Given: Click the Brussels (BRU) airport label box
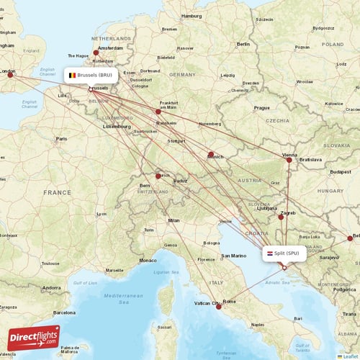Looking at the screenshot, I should click(x=91, y=75).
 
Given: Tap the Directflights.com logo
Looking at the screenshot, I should click(x=34, y=338).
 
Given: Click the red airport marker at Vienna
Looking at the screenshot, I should click(x=289, y=160).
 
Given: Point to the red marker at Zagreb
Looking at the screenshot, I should click(x=281, y=217).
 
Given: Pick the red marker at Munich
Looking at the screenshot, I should click(x=211, y=154).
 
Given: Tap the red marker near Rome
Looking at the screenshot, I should click(x=220, y=307).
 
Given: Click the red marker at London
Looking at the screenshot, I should click(x=10, y=73).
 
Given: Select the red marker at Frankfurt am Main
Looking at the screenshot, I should click(x=158, y=112).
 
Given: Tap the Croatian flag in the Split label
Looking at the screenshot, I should click(x=270, y=253).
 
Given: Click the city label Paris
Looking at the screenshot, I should click(x=62, y=139).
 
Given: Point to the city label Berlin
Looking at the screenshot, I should click(x=243, y=45).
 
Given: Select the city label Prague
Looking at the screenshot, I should click(x=261, y=108).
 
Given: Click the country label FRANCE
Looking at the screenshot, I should click(x=57, y=193).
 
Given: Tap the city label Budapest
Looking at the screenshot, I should click(x=340, y=172).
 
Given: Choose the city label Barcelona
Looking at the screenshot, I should click(x=63, y=313).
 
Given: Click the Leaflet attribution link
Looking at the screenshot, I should click(x=350, y=356).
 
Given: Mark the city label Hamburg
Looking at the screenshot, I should click(x=192, y=16).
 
